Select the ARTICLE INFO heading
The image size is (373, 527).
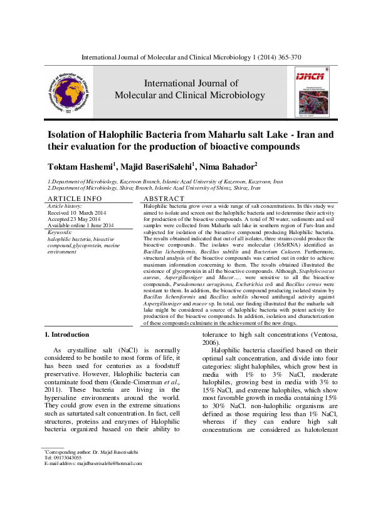75,198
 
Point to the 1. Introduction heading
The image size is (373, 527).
70,335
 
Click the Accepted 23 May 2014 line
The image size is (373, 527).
74,218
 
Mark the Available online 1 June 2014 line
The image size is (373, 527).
81,225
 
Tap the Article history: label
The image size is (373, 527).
65,205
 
